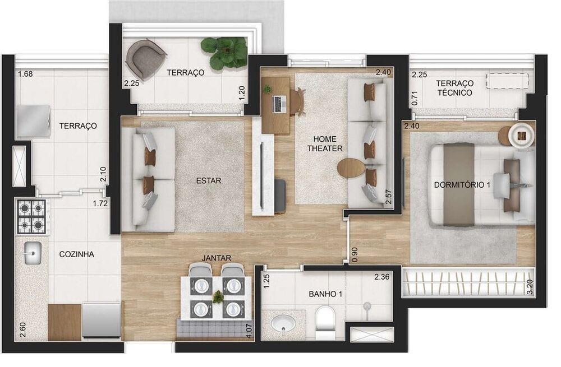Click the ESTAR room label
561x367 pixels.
coord(209,181)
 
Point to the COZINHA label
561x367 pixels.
coord(76,254)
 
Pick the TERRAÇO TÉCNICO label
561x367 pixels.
coord(455,88)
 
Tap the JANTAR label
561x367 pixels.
coord(217,258)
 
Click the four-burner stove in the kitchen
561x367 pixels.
coord(31,217)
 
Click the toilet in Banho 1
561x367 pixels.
coord(325,322)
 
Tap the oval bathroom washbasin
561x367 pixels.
coord(284,323)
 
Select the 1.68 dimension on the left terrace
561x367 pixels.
coord(25,75)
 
